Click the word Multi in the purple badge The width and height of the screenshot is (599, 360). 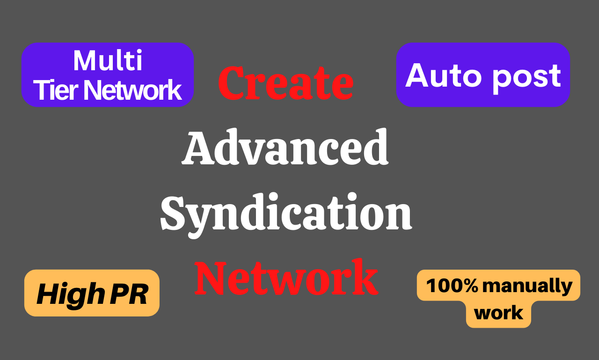(108, 61)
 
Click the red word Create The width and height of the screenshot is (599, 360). (285, 83)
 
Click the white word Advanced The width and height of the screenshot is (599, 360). (285, 148)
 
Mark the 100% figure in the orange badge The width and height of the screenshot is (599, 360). (452, 286)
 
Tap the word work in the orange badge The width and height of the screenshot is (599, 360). (499, 313)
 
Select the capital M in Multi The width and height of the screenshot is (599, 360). (85, 61)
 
